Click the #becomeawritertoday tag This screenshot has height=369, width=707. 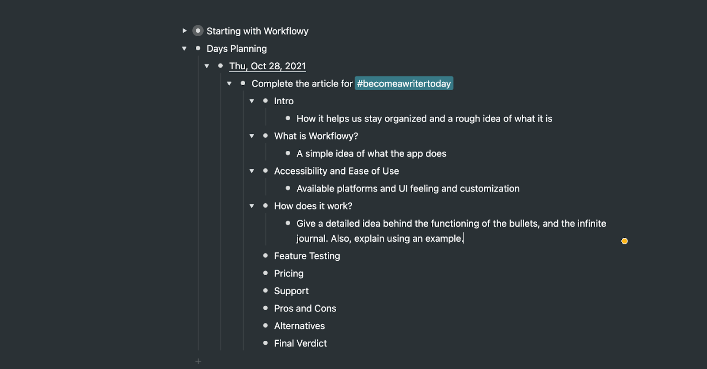[x=404, y=84]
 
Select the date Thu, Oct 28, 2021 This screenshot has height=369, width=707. [x=267, y=66]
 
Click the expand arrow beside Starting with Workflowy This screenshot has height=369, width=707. [x=184, y=30]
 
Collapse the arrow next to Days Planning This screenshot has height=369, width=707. [x=184, y=48]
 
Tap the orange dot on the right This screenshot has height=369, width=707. [x=624, y=241]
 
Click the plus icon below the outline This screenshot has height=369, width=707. [x=198, y=361]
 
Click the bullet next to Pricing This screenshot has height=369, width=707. [x=266, y=273]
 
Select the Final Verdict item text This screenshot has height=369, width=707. [x=300, y=343]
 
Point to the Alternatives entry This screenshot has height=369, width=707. [x=299, y=326]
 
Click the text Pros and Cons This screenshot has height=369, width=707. [x=305, y=308]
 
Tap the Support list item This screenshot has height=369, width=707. [x=291, y=291]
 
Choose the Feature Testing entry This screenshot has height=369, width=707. [x=307, y=256]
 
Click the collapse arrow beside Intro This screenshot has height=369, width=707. [x=252, y=101]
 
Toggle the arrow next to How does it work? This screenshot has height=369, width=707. [x=252, y=206]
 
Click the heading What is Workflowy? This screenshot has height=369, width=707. [x=316, y=136]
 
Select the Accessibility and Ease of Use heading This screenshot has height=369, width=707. [x=336, y=171]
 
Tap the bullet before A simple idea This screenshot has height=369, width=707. [x=288, y=153]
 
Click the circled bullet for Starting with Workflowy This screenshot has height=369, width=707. [x=198, y=30]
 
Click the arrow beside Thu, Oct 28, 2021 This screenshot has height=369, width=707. [x=207, y=66]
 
